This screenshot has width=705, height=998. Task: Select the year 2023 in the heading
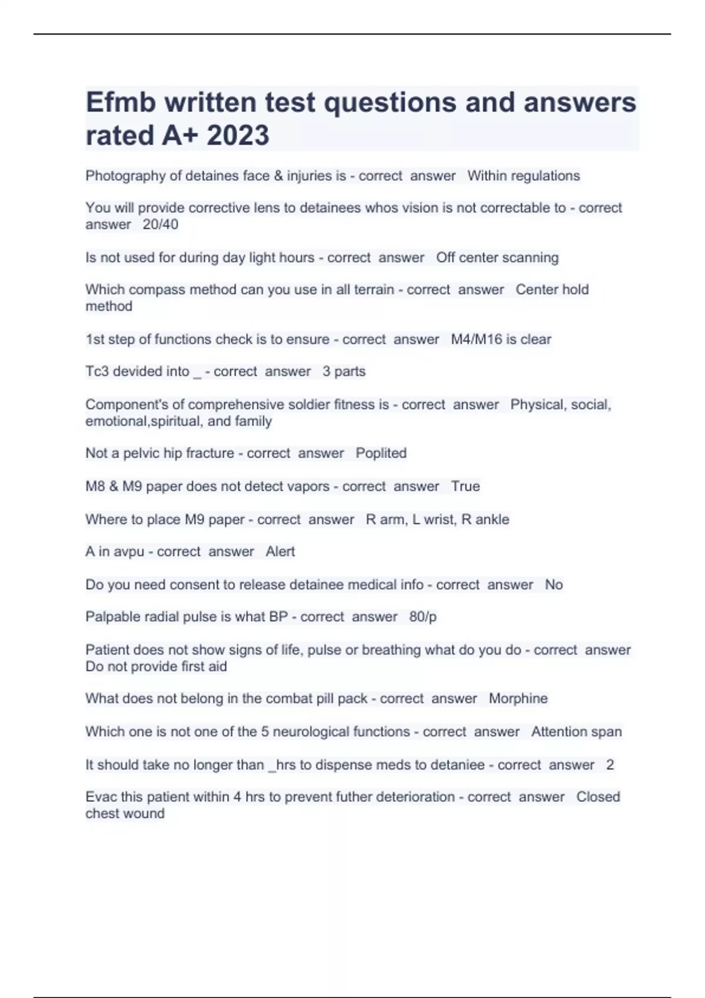click(x=238, y=136)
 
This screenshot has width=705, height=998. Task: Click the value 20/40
click(x=160, y=225)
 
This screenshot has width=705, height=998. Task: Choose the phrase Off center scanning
click(x=497, y=258)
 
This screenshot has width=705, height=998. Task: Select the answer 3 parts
click(x=344, y=372)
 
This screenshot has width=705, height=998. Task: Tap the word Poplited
click(x=381, y=453)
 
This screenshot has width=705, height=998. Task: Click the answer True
click(x=465, y=487)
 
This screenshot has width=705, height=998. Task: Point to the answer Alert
click(x=280, y=552)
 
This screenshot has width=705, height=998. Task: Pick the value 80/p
click(x=423, y=617)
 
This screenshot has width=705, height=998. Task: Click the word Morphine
click(x=518, y=699)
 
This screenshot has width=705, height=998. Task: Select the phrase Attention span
click(x=576, y=732)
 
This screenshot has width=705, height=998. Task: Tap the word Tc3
click(x=97, y=372)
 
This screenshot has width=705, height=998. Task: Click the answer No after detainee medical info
click(x=553, y=585)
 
